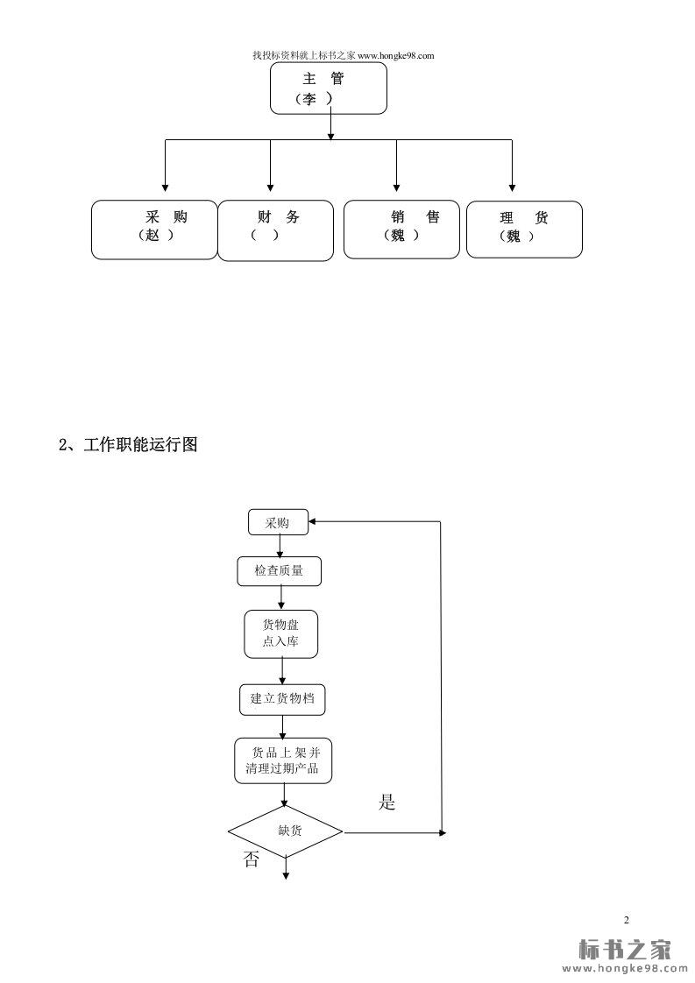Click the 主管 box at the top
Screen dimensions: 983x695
coord(329,88)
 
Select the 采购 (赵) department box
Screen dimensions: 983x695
coord(154,230)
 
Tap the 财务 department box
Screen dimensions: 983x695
coord(275,230)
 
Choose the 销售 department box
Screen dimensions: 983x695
coord(401,229)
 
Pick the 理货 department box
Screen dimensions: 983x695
coord(524,230)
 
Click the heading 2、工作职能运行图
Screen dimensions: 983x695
coord(128,444)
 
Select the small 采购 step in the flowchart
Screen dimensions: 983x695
coord(278,523)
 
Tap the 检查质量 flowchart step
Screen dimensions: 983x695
coord(279,571)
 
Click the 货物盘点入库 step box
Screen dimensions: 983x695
coord(280,634)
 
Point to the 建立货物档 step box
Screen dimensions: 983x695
coord(282,698)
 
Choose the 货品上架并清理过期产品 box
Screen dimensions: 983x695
coord(284,760)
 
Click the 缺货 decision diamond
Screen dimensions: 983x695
coord(286,831)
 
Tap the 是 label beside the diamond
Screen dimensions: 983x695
coord(387,803)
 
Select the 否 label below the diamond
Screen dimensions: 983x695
coord(252,860)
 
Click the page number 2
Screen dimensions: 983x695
coord(626,919)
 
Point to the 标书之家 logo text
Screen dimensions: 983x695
coord(624,950)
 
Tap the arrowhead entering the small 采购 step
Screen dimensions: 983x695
coord(315,522)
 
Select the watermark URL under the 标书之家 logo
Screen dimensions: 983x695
coord(624,969)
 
